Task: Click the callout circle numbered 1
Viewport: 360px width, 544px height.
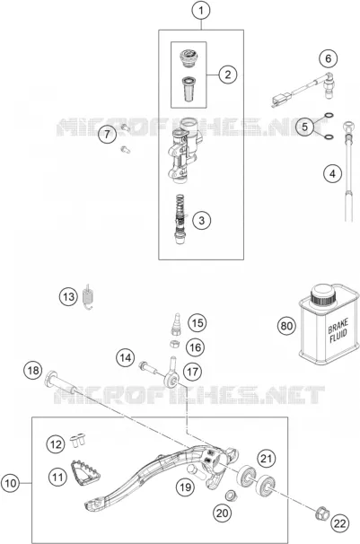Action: pyautogui.click(x=201, y=11)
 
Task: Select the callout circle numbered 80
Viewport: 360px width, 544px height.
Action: pyautogui.click(x=286, y=326)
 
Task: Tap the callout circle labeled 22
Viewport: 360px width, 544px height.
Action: pyautogui.click(x=340, y=522)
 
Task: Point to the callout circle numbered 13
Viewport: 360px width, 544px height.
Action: pyautogui.click(x=68, y=296)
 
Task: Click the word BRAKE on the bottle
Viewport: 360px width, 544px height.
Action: pyautogui.click(x=338, y=326)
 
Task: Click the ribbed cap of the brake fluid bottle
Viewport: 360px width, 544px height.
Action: pyautogui.click(x=323, y=295)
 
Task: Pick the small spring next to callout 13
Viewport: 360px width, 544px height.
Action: pyautogui.click(x=89, y=296)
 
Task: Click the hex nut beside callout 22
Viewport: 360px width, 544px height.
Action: pyautogui.click(x=321, y=513)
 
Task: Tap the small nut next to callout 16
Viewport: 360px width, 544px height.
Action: pyautogui.click(x=175, y=344)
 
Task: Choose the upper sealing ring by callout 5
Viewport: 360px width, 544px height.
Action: pyautogui.click(x=329, y=116)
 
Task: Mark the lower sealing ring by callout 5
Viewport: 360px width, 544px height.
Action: pyautogui.click(x=329, y=137)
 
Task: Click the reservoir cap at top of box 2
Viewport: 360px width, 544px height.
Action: pyautogui.click(x=189, y=57)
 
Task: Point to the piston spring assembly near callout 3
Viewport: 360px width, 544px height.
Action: pyautogui.click(x=180, y=218)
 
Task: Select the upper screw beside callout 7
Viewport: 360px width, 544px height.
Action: pyautogui.click(x=125, y=127)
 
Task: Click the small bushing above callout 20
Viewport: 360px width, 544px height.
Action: pyautogui.click(x=230, y=496)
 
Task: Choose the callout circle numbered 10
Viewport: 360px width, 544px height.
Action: pyautogui.click(x=11, y=483)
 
